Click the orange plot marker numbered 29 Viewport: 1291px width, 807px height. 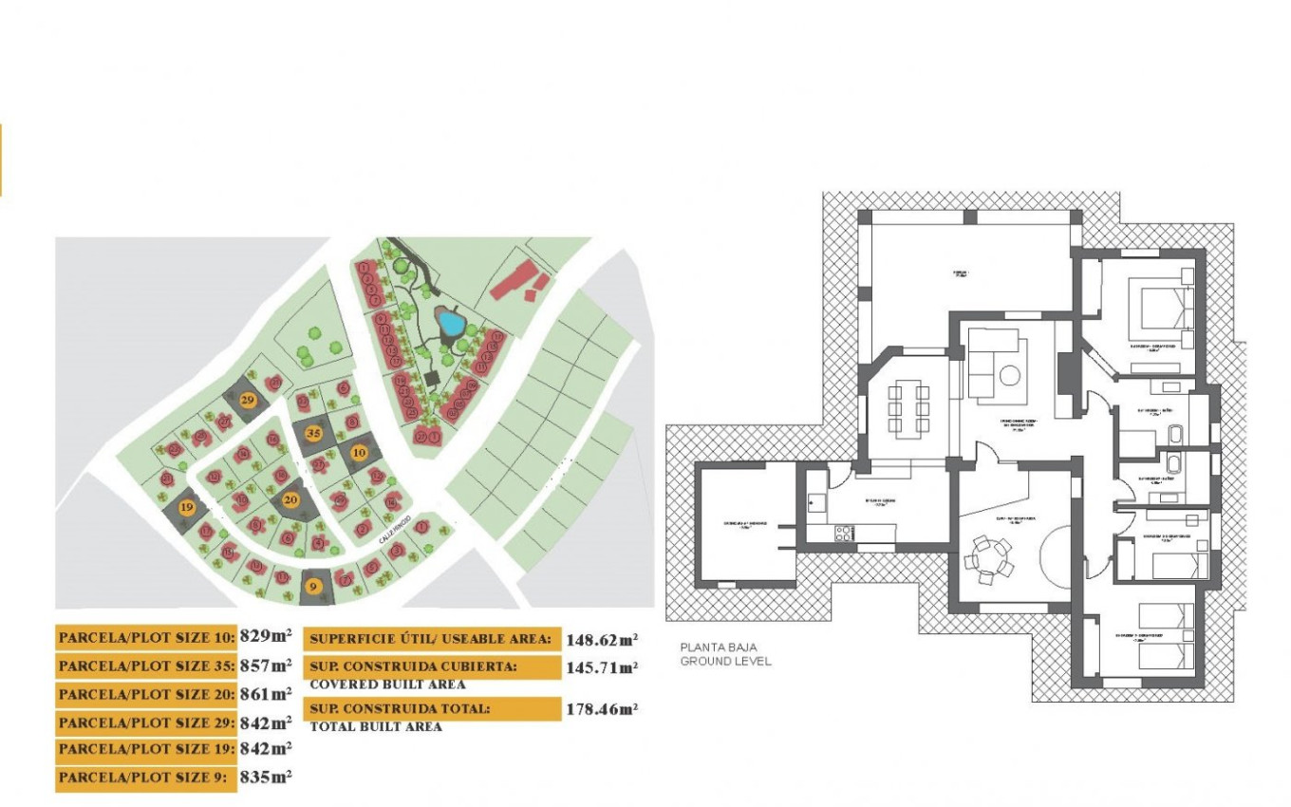point(249,400)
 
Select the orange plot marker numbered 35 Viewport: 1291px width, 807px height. point(313,434)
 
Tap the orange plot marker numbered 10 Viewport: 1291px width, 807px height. point(360,453)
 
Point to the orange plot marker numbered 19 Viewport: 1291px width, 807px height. point(186,507)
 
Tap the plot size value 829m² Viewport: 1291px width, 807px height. point(265,637)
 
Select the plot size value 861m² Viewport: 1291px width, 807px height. point(265,694)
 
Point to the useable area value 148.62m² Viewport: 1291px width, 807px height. point(602,640)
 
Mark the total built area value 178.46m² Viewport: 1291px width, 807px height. point(602,708)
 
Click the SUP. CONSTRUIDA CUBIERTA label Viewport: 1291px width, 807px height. point(414,666)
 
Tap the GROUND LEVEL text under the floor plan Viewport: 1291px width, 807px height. point(725,661)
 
